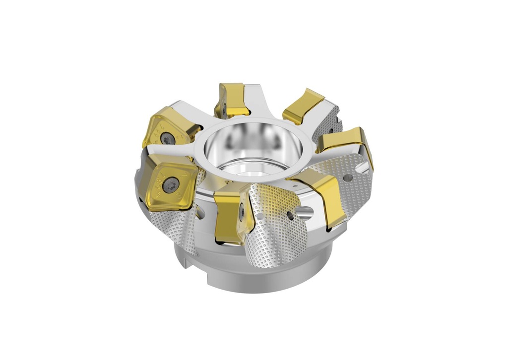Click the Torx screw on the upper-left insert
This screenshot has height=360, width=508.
[x=168, y=140]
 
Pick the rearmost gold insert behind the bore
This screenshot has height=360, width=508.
[x=231, y=98]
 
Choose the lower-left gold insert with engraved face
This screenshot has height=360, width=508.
[x=169, y=181]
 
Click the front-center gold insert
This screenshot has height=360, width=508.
[x=231, y=218]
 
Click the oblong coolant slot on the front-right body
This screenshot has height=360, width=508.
[x=304, y=214]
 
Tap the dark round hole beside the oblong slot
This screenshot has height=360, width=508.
[x=290, y=215]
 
